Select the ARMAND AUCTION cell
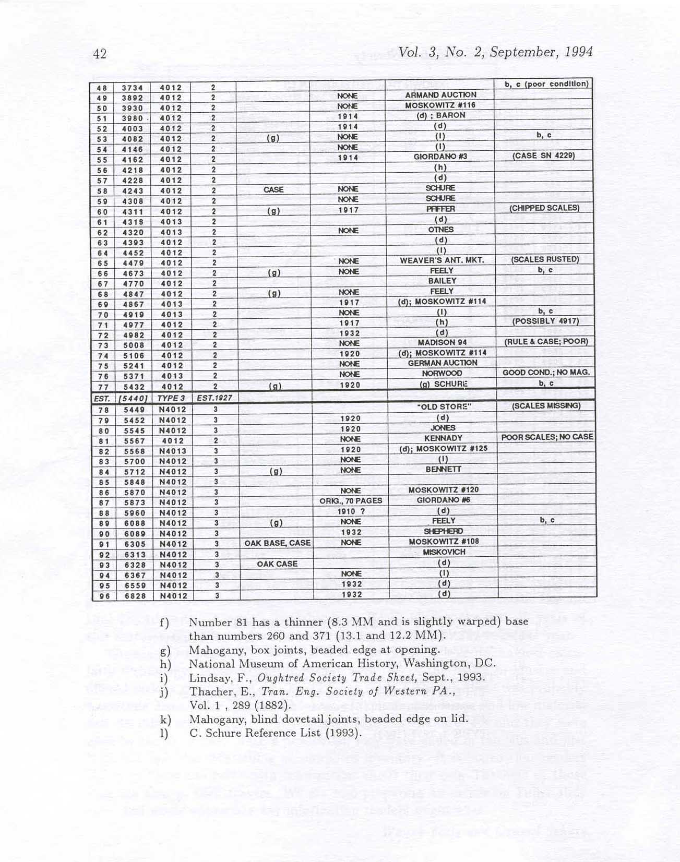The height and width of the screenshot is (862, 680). (440, 95)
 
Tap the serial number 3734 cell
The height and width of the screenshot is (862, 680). (132, 88)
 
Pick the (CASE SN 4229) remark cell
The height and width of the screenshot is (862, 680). (544, 155)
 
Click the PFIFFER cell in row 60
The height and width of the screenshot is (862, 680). (440, 209)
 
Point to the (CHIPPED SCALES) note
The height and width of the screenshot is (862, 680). (545, 208)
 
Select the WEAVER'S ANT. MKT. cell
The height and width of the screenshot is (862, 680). (442, 260)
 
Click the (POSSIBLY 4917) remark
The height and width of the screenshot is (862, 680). (545, 321)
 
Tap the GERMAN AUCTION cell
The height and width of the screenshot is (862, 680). (443, 363)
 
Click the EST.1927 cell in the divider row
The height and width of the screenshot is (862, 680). (214, 398)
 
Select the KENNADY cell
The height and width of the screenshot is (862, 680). (443, 438)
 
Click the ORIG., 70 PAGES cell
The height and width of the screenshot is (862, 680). (351, 501)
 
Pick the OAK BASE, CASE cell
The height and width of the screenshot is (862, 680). (277, 543)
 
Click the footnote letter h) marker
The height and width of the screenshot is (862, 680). (166, 664)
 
